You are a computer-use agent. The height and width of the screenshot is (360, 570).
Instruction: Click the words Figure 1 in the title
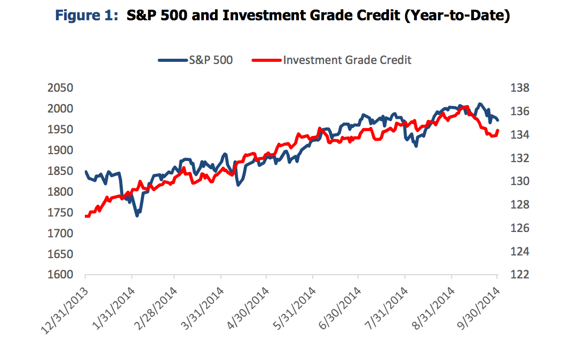click(89, 16)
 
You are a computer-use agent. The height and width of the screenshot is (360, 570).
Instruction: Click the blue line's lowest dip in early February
click(137, 215)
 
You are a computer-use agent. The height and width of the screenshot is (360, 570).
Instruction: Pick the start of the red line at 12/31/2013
click(86, 216)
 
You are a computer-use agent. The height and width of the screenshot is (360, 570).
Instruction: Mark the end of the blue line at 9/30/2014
click(497, 121)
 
